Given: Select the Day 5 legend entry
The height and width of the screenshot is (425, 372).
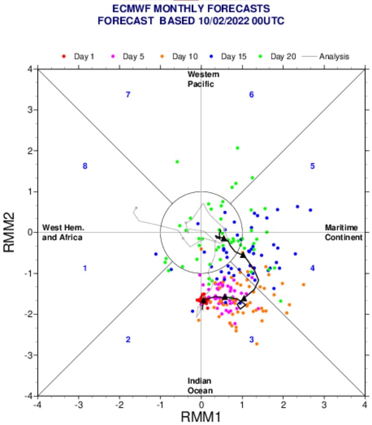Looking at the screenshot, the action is [127, 56].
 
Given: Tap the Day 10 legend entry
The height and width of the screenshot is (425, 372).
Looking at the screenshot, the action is [179, 56].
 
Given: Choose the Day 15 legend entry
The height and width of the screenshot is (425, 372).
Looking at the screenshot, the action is [228, 56].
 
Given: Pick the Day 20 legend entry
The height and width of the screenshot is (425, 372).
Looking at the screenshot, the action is [277, 56].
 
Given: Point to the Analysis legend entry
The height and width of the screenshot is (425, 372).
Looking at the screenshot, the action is [326, 56].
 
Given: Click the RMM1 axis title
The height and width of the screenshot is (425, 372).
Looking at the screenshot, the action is [201, 417].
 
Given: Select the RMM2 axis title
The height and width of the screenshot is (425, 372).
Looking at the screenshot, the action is [9, 232].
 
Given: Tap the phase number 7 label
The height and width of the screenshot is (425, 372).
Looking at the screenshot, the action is [128, 95].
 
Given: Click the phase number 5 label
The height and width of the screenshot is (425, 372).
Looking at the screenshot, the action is [312, 166].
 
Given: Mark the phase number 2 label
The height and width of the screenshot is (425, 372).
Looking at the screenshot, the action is [128, 339].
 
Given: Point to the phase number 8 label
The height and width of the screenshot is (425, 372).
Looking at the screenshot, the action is [85, 166].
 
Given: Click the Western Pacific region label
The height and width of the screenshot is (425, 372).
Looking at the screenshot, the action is [203, 79].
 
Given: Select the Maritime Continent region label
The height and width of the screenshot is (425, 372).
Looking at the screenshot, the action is [344, 232].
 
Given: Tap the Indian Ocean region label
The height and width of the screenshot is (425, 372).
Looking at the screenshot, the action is [200, 386].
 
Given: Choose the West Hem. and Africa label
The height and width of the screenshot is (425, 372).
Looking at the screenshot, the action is [62, 232].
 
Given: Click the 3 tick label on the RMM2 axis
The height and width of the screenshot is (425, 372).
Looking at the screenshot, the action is [31, 110].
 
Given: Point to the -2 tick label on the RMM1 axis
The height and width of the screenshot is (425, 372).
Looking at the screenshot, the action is [120, 405].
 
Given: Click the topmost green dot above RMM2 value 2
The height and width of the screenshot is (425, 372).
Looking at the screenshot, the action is [238, 148].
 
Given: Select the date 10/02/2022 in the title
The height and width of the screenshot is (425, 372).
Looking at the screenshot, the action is [224, 21].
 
